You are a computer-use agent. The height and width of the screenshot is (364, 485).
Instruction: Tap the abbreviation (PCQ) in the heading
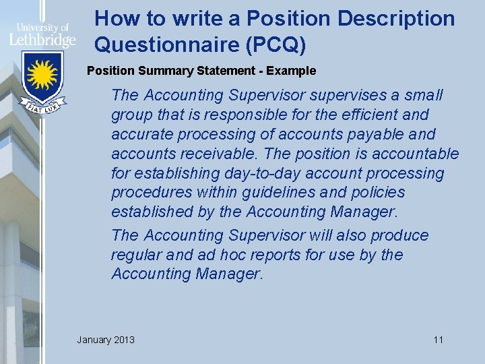click(x=276, y=44)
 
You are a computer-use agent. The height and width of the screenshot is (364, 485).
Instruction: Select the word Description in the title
click(x=396, y=18)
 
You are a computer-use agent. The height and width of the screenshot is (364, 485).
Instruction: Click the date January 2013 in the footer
click(x=106, y=339)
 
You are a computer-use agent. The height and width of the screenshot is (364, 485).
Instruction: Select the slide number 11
click(x=438, y=339)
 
